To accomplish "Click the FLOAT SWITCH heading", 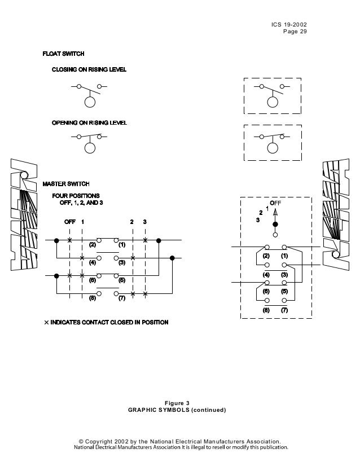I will (x=64, y=54).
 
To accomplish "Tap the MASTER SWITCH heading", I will (x=66, y=184).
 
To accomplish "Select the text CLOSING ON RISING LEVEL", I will (x=89, y=69).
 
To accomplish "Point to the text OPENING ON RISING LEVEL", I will (x=89, y=123).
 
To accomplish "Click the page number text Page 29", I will (x=295, y=32).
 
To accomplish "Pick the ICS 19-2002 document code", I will (x=289, y=25).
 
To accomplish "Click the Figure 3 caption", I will (x=177, y=403).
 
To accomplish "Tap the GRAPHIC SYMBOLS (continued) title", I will (x=177, y=410).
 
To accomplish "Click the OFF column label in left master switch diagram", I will (x=69, y=222).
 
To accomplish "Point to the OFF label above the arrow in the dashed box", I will (x=275, y=203).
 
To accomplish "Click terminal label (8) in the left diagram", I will (x=93, y=298).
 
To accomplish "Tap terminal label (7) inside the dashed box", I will (x=284, y=310).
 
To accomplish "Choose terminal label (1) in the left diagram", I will (x=121, y=245).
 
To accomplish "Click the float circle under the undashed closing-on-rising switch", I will (x=89, y=102).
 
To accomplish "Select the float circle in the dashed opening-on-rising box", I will (x=273, y=148).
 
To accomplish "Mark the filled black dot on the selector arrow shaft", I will (x=275, y=224).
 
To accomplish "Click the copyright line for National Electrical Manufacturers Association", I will (x=179, y=441).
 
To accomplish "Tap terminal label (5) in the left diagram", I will (x=121, y=280).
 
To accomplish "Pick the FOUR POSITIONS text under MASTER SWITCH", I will (x=76, y=195).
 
